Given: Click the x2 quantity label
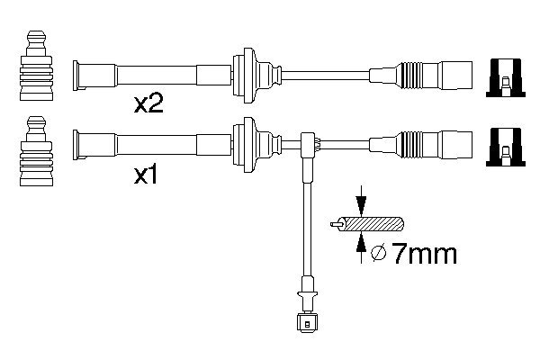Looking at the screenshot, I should click(x=148, y=105).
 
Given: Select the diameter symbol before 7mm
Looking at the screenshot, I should click(x=379, y=256).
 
